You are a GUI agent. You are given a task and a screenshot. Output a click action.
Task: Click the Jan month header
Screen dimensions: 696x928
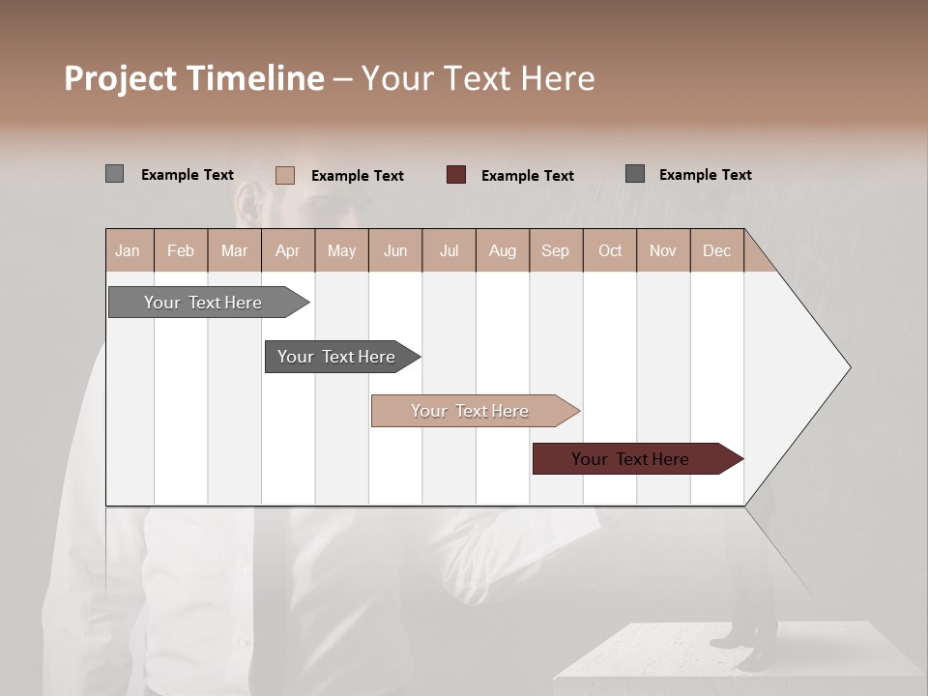tap(129, 250)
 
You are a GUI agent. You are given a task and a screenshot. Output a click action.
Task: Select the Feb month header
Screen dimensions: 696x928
tap(181, 250)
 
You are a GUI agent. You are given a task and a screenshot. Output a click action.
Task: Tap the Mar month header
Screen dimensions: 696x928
tap(234, 250)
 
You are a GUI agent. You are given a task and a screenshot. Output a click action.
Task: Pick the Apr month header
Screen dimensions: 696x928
tap(288, 250)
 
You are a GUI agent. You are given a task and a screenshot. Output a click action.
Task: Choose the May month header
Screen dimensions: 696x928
tap(341, 250)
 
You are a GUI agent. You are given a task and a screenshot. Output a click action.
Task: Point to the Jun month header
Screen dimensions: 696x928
tap(395, 250)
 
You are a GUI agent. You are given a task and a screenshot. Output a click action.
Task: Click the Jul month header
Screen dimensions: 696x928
tap(449, 250)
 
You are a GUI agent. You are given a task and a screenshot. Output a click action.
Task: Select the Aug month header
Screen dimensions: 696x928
tap(503, 250)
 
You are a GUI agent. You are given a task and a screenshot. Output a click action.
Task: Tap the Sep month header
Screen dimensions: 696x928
tap(556, 250)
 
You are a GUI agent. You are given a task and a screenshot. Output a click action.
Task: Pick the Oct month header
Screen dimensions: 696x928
tap(610, 250)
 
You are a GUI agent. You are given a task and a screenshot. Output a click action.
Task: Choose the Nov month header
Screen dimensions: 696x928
tap(663, 250)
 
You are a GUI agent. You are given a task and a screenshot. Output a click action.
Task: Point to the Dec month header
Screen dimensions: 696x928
tap(717, 250)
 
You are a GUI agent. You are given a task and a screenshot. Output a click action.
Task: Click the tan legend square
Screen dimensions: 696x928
tap(285, 175)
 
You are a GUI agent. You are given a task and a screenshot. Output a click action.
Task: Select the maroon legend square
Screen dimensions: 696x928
tap(456, 174)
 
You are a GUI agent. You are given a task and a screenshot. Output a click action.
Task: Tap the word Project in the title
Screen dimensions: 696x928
tap(121, 78)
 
